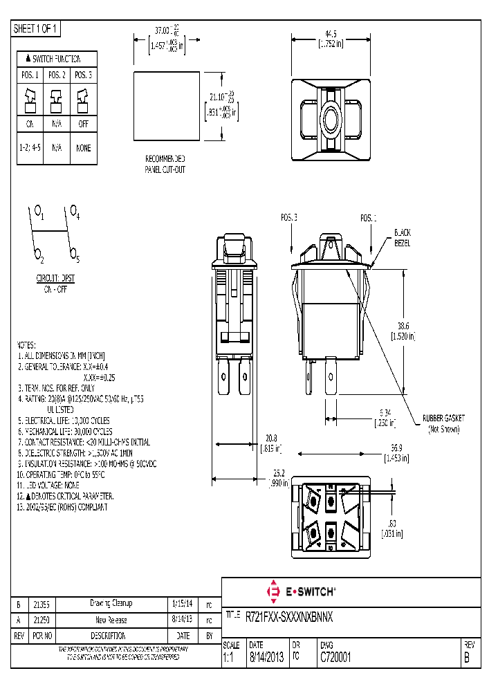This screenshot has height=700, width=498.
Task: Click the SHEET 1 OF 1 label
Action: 37,29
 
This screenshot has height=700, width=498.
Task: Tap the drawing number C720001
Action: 335,658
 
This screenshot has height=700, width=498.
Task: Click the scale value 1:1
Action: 230,658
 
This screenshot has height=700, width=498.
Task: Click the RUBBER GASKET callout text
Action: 444,418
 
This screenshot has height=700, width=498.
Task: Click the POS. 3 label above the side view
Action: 289,218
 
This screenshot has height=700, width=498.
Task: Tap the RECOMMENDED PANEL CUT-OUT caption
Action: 165,163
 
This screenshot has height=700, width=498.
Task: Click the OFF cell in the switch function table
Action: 83,125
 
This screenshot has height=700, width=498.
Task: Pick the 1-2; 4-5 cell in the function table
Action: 30,148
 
